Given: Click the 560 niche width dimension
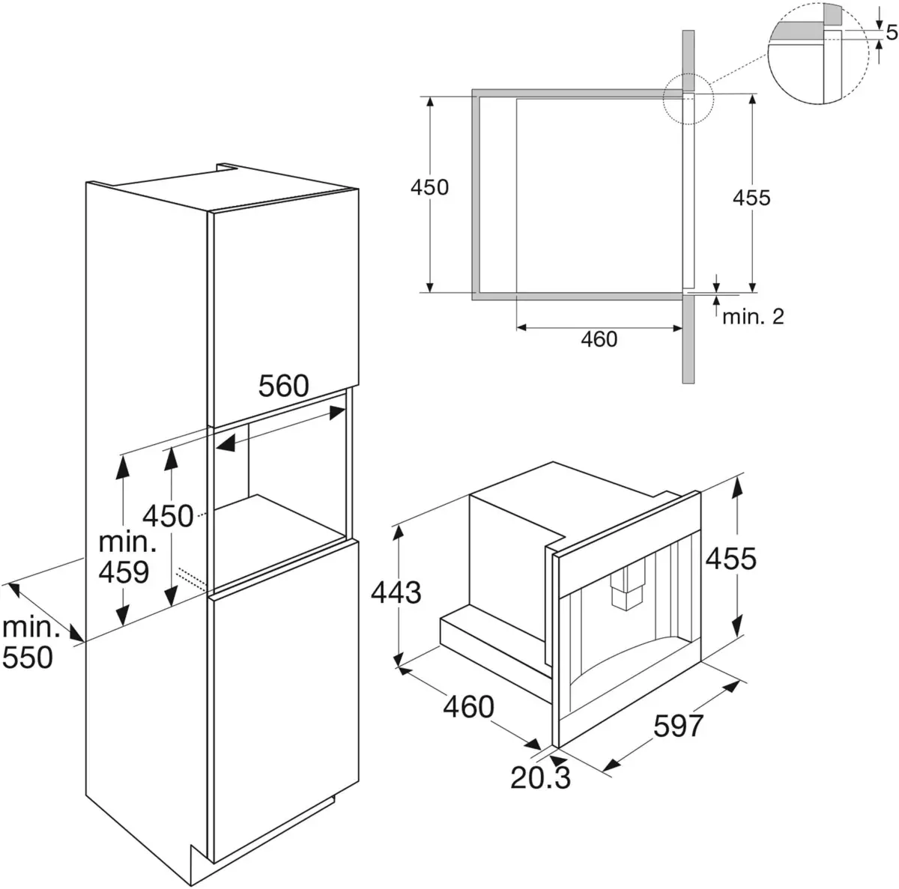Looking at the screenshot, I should tap(284, 386).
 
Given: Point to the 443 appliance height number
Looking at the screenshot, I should tap(396, 592).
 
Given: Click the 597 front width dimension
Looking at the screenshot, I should tap(678, 725).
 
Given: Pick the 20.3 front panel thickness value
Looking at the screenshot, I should tap(540, 777).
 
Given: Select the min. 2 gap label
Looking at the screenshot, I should tap(752, 316).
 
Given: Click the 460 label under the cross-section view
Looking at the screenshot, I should tap(599, 339).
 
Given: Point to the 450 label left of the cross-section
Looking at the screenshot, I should tap(429, 186).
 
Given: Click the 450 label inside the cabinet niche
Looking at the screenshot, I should tap(168, 516).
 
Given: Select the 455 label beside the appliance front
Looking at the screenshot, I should tap(730, 558).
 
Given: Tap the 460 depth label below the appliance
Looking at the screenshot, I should tap(467, 706).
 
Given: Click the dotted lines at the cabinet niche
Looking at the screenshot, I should tap(191, 577).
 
